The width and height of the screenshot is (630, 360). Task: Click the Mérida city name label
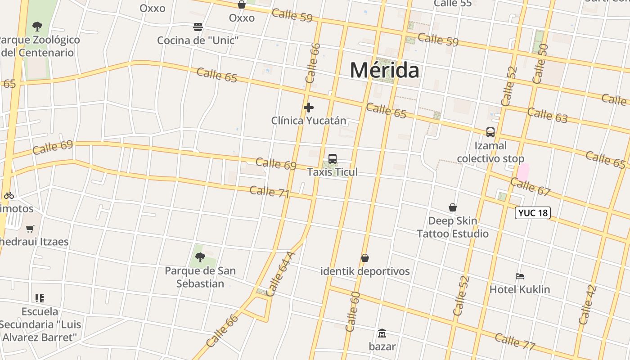click(384, 70)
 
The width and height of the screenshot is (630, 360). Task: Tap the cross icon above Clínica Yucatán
click(309, 108)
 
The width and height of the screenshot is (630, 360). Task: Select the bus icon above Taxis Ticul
click(333, 159)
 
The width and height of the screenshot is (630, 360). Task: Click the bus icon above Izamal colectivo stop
click(490, 132)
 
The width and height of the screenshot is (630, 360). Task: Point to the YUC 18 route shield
click(533, 213)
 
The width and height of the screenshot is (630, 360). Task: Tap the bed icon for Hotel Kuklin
click(520, 276)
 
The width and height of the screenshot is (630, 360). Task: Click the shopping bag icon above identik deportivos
click(365, 258)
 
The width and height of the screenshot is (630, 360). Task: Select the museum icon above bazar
click(382, 333)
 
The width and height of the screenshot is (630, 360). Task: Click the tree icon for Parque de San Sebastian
click(200, 257)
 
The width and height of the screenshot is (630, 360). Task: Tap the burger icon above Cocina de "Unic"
click(198, 27)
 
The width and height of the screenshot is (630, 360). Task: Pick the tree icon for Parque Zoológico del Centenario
click(37, 27)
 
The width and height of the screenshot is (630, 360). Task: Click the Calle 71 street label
click(269, 191)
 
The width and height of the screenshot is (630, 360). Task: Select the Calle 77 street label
click(515, 341)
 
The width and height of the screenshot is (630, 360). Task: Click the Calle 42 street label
click(588, 305)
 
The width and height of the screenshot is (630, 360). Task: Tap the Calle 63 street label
click(547, 115)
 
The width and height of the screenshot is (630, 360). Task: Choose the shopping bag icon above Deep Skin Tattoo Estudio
click(453, 207)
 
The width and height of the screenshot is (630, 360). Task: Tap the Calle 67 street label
click(531, 187)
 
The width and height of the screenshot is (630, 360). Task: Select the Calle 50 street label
click(540, 63)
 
